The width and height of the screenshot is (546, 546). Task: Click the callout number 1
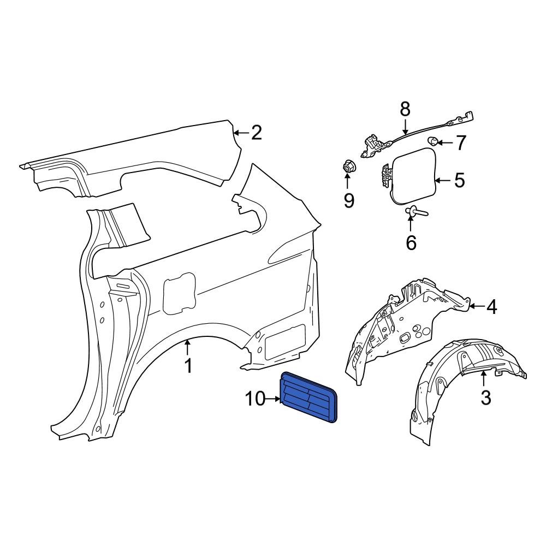click(188, 366)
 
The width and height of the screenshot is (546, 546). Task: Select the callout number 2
click(256, 133)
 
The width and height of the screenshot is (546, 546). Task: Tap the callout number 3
click(485, 397)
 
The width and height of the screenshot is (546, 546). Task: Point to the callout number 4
click(491, 307)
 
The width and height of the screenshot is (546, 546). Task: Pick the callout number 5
click(459, 180)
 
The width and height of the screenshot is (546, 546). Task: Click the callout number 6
click(411, 242)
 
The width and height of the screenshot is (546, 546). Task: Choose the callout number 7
click(461, 143)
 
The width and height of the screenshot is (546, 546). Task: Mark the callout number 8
click(405, 110)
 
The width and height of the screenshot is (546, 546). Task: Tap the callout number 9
click(348, 200)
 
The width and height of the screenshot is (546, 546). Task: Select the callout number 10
click(254, 399)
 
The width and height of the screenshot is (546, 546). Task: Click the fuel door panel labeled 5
click(414, 174)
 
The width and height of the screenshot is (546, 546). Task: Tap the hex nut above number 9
click(347, 165)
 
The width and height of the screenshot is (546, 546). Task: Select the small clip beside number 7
click(434, 141)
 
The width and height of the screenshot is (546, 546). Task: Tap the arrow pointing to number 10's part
click(272, 400)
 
